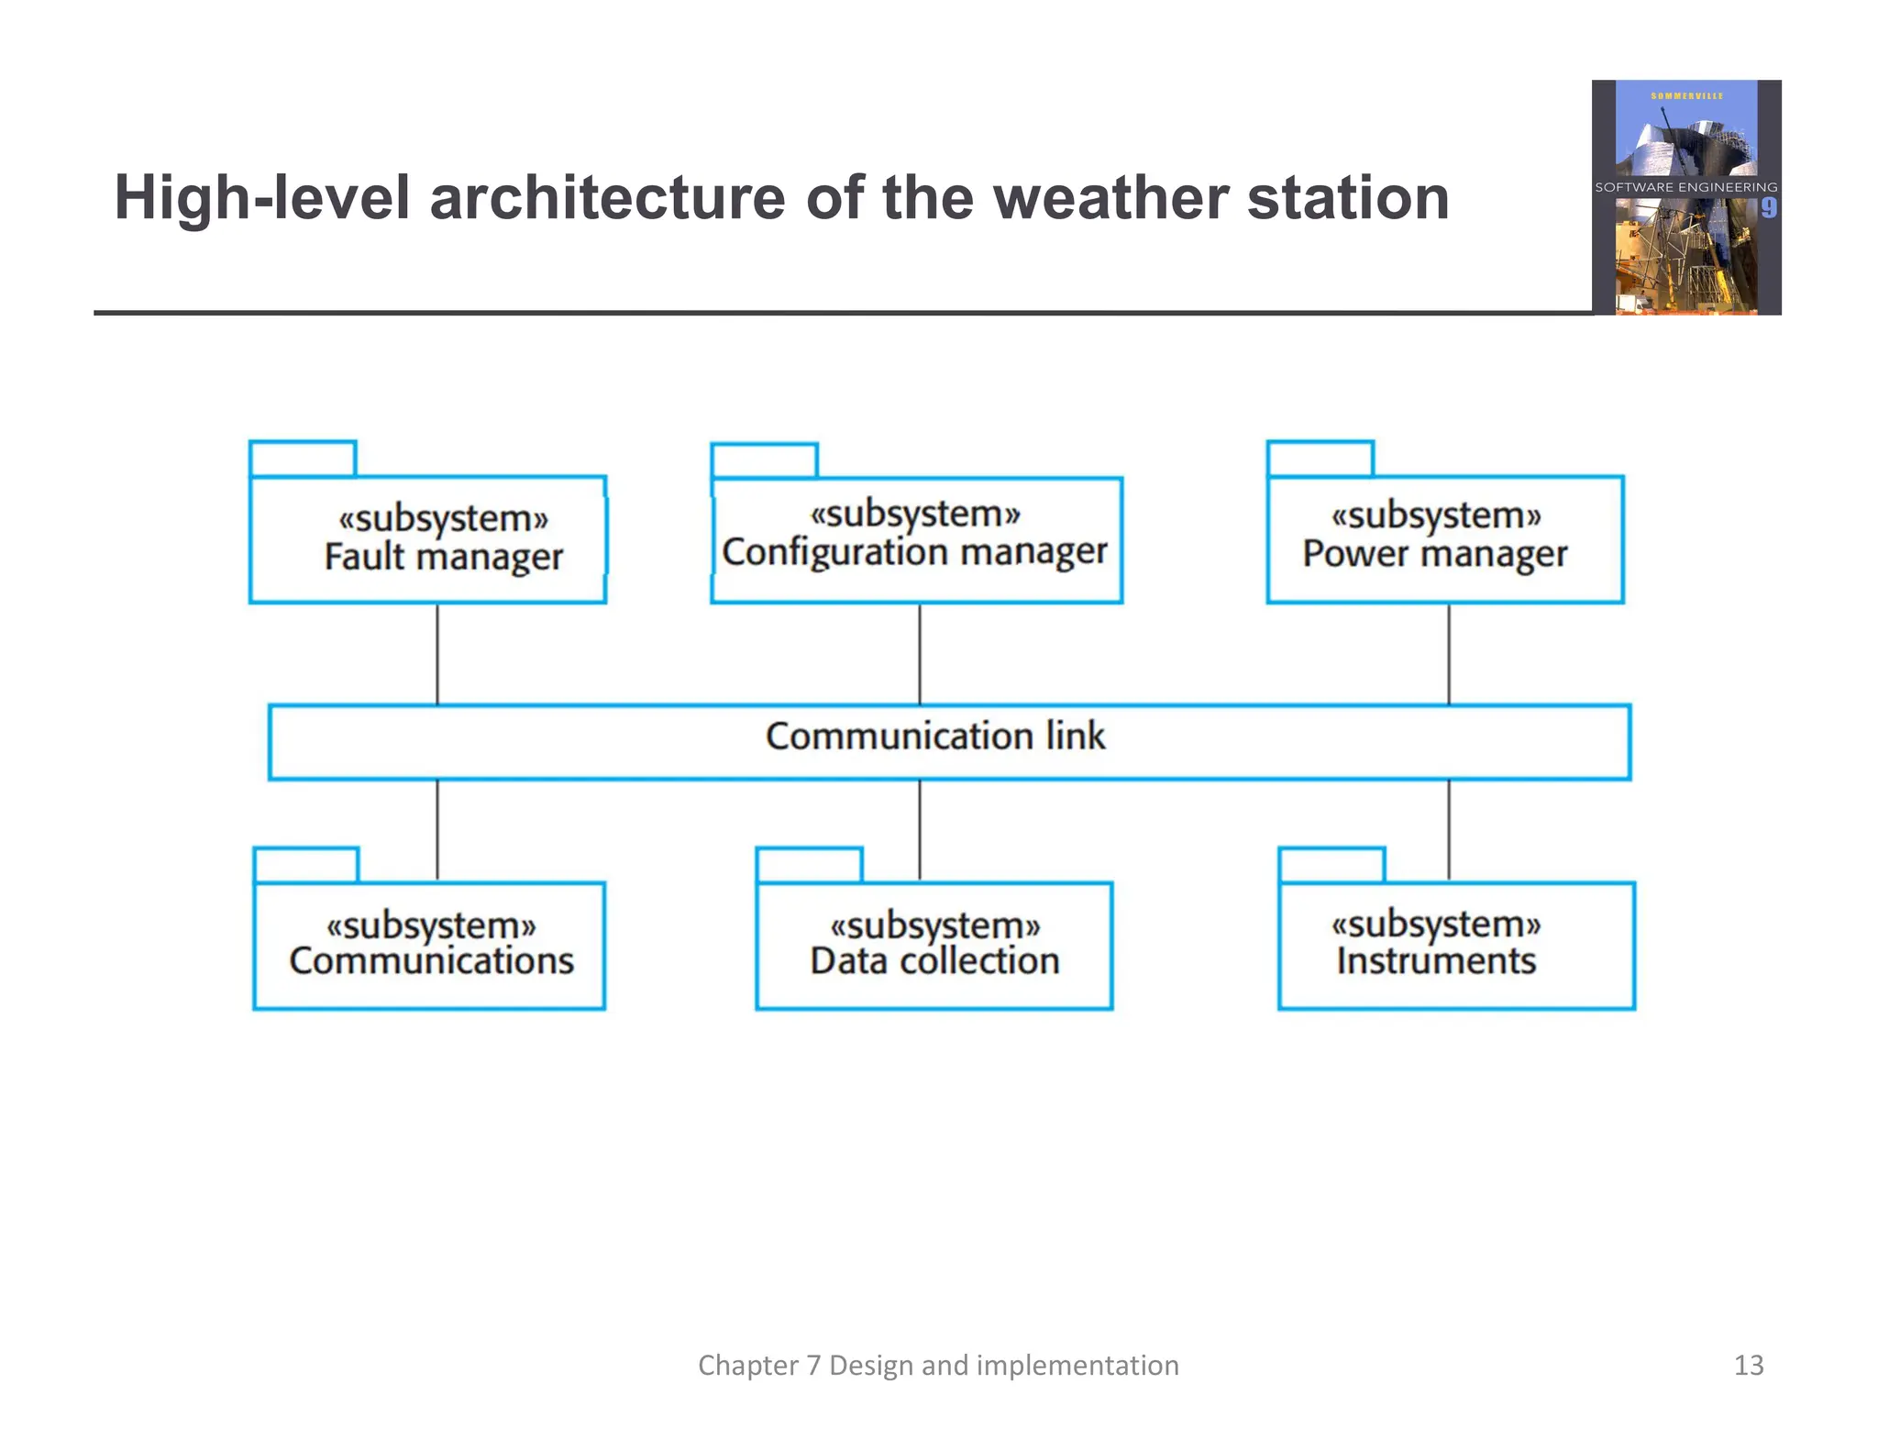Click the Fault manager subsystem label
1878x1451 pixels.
tap(443, 557)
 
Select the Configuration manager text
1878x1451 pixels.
tap(914, 552)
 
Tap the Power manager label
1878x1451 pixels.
tap(1434, 554)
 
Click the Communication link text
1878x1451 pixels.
tap(935, 737)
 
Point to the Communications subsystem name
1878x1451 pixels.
tap(431, 961)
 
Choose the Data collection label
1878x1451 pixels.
tap(934, 961)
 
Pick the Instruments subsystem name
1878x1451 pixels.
tap(1435, 961)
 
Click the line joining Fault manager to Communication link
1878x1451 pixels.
tap(437, 654)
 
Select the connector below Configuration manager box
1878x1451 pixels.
tap(920, 654)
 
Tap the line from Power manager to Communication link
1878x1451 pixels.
tap(1449, 654)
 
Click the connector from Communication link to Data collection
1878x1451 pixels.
tap(920, 830)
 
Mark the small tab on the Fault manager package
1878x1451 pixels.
tap(303, 459)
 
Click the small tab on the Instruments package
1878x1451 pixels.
tap(1331, 865)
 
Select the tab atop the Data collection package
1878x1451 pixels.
tap(809, 865)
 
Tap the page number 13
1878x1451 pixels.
tap(1748, 1365)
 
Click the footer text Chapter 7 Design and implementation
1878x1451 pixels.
tap(938, 1365)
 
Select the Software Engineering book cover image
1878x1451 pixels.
tap(1685, 197)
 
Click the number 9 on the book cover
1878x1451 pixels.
tap(1768, 208)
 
